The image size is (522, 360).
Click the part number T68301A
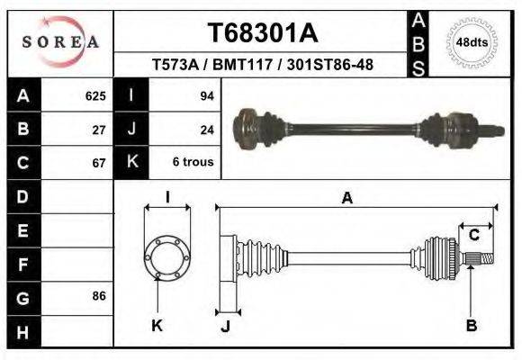(x=263, y=33)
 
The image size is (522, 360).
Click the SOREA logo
(x=60, y=41)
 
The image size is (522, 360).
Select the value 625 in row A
(x=94, y=95)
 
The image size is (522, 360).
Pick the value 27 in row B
(x=100, y=130)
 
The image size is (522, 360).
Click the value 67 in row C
(x=100, y=164)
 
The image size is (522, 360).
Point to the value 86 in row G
(x=100, y=296)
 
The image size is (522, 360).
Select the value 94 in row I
(x=206, y=95)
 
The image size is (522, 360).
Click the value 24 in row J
(x=206, y=130)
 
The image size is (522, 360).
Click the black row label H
(x=22, y=332)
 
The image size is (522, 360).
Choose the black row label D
(x=22, y=197)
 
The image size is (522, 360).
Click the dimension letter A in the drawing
(x=347, y=200)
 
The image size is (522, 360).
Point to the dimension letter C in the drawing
(x=473, y=235)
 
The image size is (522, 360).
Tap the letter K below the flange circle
(x=157, y=326)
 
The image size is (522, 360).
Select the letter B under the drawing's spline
(x=471, y=326)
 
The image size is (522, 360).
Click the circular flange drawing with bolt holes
(x=167, y=257)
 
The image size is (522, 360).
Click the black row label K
(x=132, y=163)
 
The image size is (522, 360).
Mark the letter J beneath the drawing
(x=226, y=326)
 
